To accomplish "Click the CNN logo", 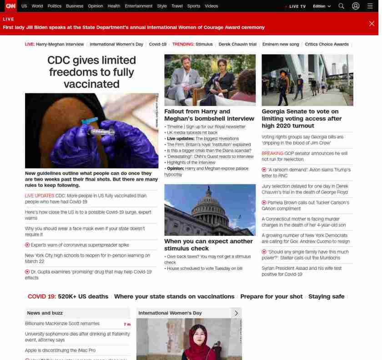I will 10,6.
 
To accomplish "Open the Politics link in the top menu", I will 54,6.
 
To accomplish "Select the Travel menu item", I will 177,6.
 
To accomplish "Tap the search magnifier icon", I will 342,6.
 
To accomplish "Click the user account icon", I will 356,6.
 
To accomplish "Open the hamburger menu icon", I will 370,6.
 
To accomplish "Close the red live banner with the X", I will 372,24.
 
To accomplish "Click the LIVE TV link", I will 297,6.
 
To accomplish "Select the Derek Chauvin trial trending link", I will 237,44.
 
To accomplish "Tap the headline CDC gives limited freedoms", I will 91,72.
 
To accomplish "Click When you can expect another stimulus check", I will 208,244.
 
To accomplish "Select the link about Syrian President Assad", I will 301,271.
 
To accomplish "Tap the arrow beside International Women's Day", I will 236,313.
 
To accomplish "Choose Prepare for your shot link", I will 271,296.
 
